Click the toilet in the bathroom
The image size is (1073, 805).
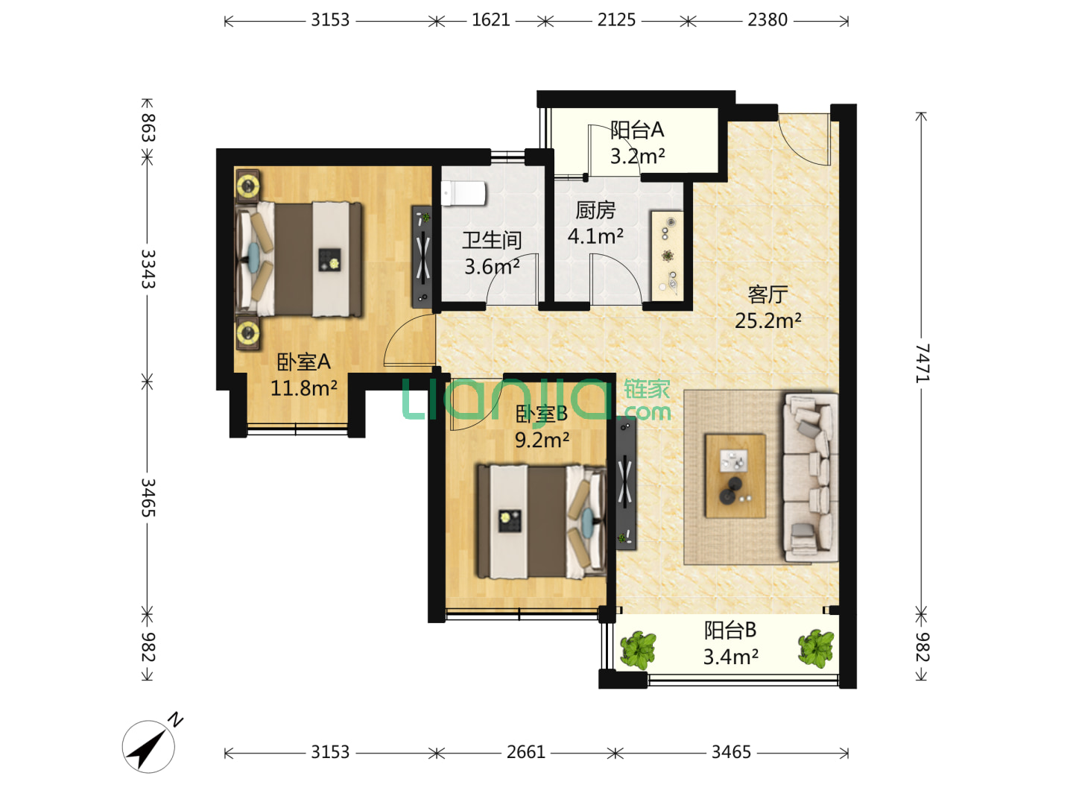pyautogui.click(x=463, y=194)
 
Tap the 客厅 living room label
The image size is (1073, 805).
pyautogui.click(x=767, y=294)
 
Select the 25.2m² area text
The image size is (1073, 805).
pyautogui.click(x=767, y=321)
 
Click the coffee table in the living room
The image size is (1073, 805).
pyautogui.click(x=735, y=476)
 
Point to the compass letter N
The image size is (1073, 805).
pyautogui.click(x=174, y=721)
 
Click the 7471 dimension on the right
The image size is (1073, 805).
pyautogui.click(x=922, y=363)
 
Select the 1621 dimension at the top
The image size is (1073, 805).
pyautogui.click(x=490, y=21)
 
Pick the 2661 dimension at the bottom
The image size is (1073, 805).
pyautogui.click(x=525, y=752)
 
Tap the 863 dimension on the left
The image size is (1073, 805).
pyautogui.click(x=148, y=127)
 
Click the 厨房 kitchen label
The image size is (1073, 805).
pyautogui.click(x=595, y=211)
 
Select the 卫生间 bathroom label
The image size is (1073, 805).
pyautogui.click(x=492, y=241)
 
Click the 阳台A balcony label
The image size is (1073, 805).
pyautogui.click(x=637, y=130)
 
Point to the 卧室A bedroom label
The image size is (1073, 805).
pyautogui.click(x=303, y=362)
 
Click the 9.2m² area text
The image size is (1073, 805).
pyautogui.click(x=542, y=441)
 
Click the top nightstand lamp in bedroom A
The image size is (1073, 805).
pyautogui.click(x=248, y=186)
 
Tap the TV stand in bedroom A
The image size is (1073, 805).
pyautogui.click(x=422, y=256)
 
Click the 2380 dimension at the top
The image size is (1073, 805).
pyautogui.click(x=767, y=21)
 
